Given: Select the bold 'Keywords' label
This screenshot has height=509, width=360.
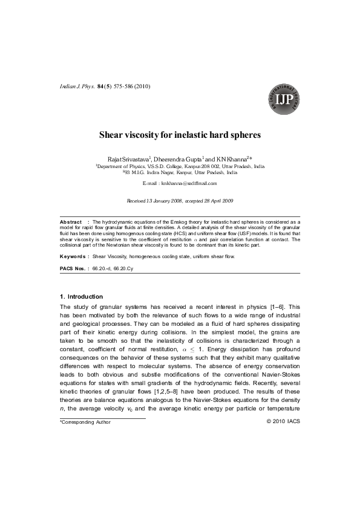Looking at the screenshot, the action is coord(73,256).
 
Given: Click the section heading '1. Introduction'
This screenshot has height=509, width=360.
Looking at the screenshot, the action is coord(82,297).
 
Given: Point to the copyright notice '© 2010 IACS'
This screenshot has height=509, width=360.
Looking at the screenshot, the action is coord(283,421).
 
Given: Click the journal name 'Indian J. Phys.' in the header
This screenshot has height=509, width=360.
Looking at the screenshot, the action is coord(76,87).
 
